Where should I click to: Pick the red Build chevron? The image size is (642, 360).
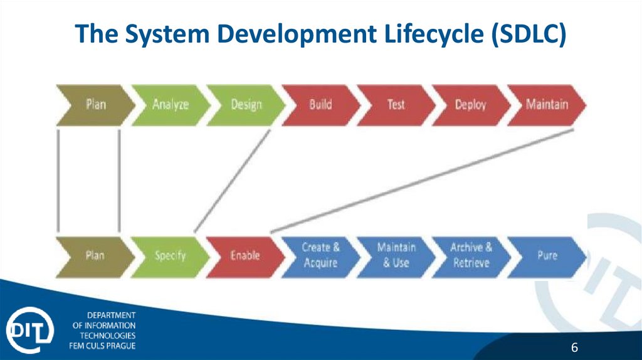pyautogui.click(x=320, y=104)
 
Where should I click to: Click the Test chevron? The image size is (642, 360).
pyautogui.click(x=396, y=104)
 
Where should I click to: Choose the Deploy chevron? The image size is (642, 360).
pyautogui.click(x=470, y=104)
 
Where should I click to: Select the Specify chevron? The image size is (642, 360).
pyautogui.click(x=170, y=256)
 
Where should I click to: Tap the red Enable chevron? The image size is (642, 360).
pyautogui.click(x=245, y=256)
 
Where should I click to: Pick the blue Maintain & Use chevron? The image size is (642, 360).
pyautogui.click(x=396, y=255)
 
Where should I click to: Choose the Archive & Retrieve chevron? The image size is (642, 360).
pyautogui.click(x=471, y=255)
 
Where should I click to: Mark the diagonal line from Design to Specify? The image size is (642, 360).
pyautogui.click(x=232, y=181)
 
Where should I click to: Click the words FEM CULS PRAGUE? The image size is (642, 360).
pyautogui.click(x=102, y=346)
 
